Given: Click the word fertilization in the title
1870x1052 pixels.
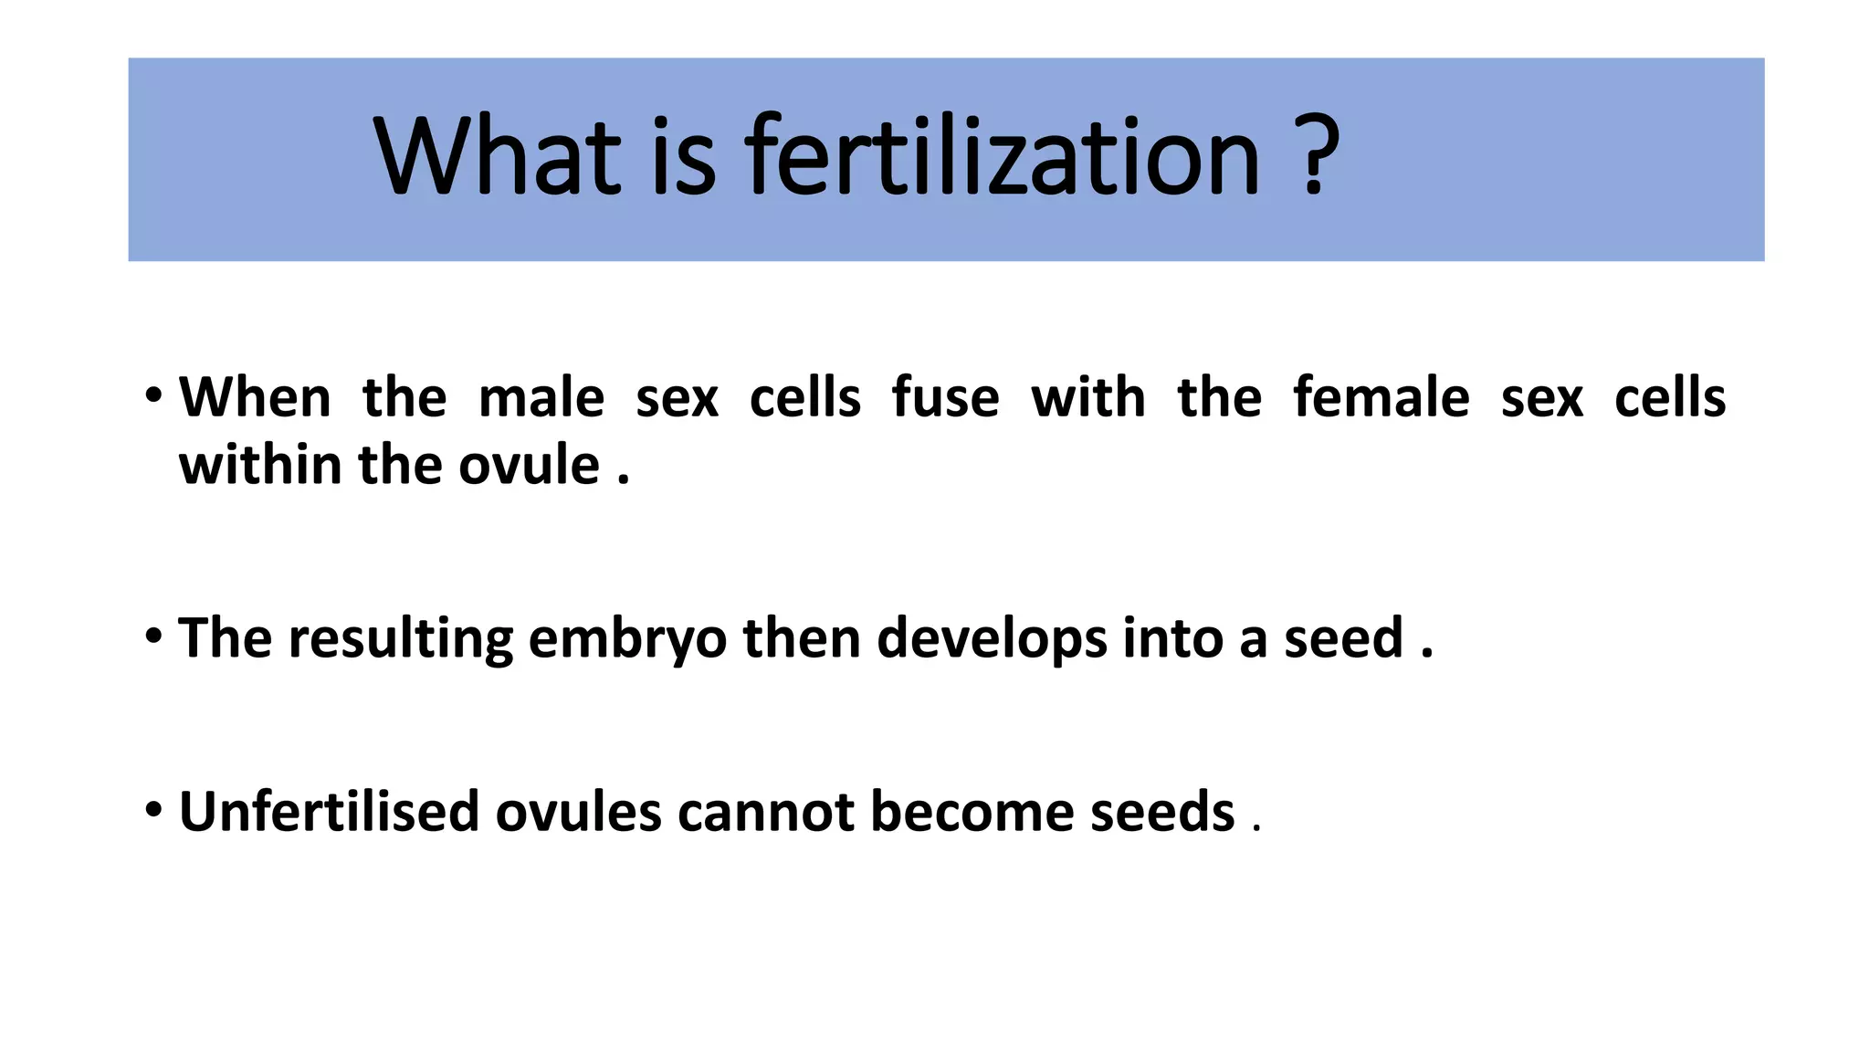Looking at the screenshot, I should (x=1002, y=157).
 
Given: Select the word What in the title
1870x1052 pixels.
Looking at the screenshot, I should (x=498, y=157).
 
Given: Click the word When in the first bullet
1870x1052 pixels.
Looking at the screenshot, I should (x=255, y=398).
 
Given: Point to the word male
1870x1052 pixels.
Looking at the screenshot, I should (x=541, y=398).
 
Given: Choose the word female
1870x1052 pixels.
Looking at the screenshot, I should (x=1381, y=398).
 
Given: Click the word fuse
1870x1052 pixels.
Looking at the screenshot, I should (x=945, y=398).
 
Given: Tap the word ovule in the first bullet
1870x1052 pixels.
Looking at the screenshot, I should (x=529, y=466).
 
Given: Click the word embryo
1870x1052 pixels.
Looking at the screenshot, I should (x=627, y=638).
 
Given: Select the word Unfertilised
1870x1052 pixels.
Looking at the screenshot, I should (x=329, y=812).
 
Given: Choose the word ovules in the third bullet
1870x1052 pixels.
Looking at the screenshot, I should (x=578, y=812).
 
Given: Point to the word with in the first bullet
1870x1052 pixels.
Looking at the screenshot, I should (x=1087, y=398).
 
